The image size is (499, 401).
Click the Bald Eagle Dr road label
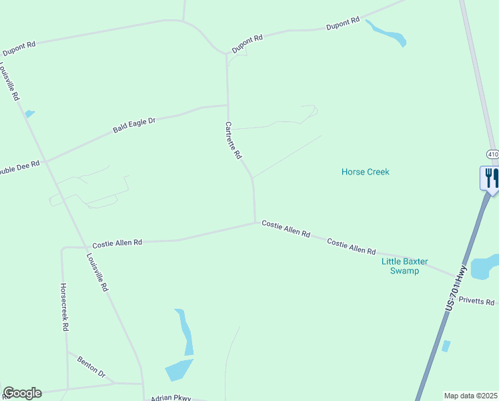pyautogui.click(x=134, y=125)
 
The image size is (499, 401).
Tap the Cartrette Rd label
pyautogui.click(x=233, y=140)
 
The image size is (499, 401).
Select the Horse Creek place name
pyautogui.click(x=365, y=172)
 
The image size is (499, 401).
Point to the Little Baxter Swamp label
pyautogui.click(x=404, y=266)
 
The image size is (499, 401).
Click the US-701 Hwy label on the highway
pyautogui.click(x=456, y=287)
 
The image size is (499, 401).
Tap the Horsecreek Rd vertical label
pyautogui.click(x=64, y=307)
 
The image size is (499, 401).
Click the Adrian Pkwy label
pyautogui.click(x=171, y=397)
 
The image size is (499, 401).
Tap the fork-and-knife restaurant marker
pyautogui.click(x=490, y=178)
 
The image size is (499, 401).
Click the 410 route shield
pyautogui.click(x=492, y=154)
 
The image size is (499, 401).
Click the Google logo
pyautogui.click(x=22, y=393)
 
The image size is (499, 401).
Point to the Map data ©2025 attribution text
pyautogui.click(x=470, y=396)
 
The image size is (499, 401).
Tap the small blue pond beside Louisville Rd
pyautogui.click(x=29, y=114)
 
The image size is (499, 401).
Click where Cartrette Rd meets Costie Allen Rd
pyautogui.click(x=255, y=223)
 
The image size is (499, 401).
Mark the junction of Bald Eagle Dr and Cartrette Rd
pyautogui.click(x=227, y=105)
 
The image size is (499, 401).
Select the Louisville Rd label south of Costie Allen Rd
pyautogui.click(x=97, y=272)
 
